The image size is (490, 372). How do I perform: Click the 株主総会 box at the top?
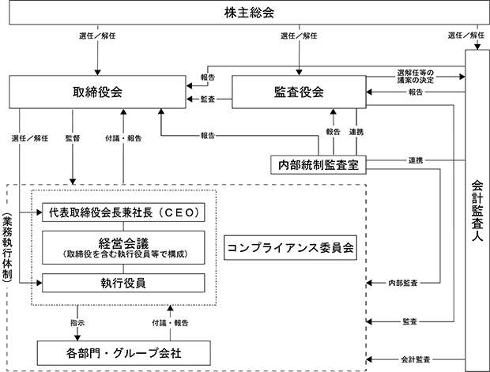(249, 13)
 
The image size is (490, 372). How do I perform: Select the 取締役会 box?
(97, 92)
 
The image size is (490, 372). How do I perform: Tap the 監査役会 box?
(299, 92)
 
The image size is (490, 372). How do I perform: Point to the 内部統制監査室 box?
(318, 164)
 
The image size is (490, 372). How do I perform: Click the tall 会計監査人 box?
(477, 211)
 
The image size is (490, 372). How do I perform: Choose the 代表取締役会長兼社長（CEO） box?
(123, 212)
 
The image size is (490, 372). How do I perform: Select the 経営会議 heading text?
(123, 243)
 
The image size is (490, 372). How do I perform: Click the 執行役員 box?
(123, 283)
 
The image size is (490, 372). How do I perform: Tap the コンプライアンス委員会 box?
(290, 248)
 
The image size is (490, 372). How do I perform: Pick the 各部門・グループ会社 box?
(124, 353)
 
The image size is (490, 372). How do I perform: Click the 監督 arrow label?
(73, 138)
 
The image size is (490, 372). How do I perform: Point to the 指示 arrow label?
(77, 323)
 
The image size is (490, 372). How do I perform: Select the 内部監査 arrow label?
(403, 283)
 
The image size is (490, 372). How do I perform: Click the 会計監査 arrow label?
(415, 359)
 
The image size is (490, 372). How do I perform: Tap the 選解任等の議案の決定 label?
(415, 77)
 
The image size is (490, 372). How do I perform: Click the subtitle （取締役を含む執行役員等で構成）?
(123, 254)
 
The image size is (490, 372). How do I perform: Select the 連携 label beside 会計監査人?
(415, 160)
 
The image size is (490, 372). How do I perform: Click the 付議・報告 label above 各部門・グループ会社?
(170, 323)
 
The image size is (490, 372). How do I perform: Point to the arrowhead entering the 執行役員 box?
(40, 283)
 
